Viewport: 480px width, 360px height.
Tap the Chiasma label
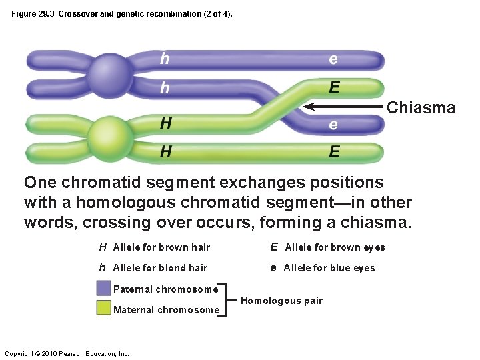[421, 107]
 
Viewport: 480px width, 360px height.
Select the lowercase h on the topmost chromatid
[165, 59]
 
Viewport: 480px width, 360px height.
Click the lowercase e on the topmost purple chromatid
[333, 59]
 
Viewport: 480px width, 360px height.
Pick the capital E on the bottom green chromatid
[334, 152]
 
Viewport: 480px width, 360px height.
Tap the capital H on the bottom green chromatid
[165, 152]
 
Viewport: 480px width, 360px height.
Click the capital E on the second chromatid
[334, 87]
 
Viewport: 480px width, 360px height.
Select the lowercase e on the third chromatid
[333, 125]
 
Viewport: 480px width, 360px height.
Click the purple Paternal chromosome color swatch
[103, 289]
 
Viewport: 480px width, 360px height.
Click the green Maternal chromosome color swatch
[103, 309]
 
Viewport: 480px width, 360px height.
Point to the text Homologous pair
[281, 301]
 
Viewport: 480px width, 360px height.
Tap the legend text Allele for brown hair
[161, 247]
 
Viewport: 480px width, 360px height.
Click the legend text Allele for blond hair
[160, 268]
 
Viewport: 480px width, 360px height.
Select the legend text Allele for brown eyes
[335, 247]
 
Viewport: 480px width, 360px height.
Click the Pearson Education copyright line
[67, 353]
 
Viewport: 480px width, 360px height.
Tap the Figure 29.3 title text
[122, 13]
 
